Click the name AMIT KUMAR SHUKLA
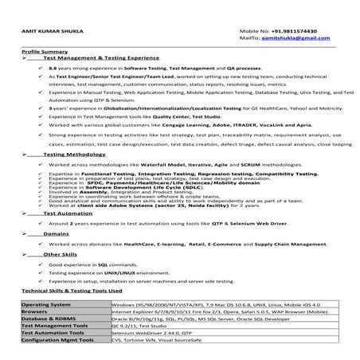point(45,32)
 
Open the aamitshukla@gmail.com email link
point(299,39)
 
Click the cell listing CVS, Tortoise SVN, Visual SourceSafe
point(165,338)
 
